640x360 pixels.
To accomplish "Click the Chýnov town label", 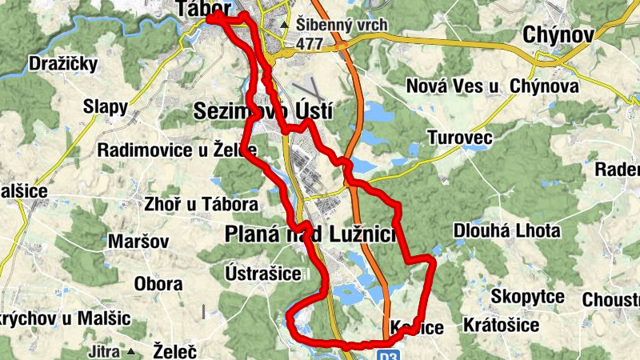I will tap(558, 34).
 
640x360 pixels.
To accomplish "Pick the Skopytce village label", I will tap(527, 297).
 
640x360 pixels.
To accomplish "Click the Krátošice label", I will tap(502, 326).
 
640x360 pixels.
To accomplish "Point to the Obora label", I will tap(158, 284).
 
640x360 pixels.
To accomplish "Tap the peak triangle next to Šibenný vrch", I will tap(285, 25).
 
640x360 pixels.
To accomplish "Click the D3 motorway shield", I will tap(388, 353).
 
